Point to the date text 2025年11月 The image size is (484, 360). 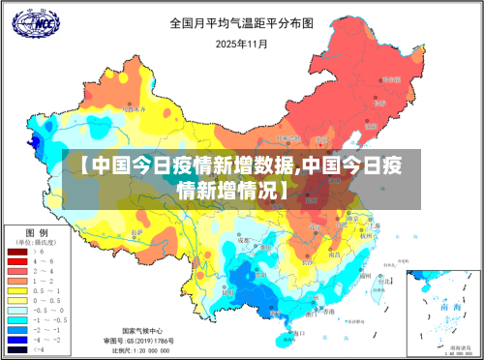click(x=241, y=45)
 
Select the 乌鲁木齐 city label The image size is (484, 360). click(x=136, y=109)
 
